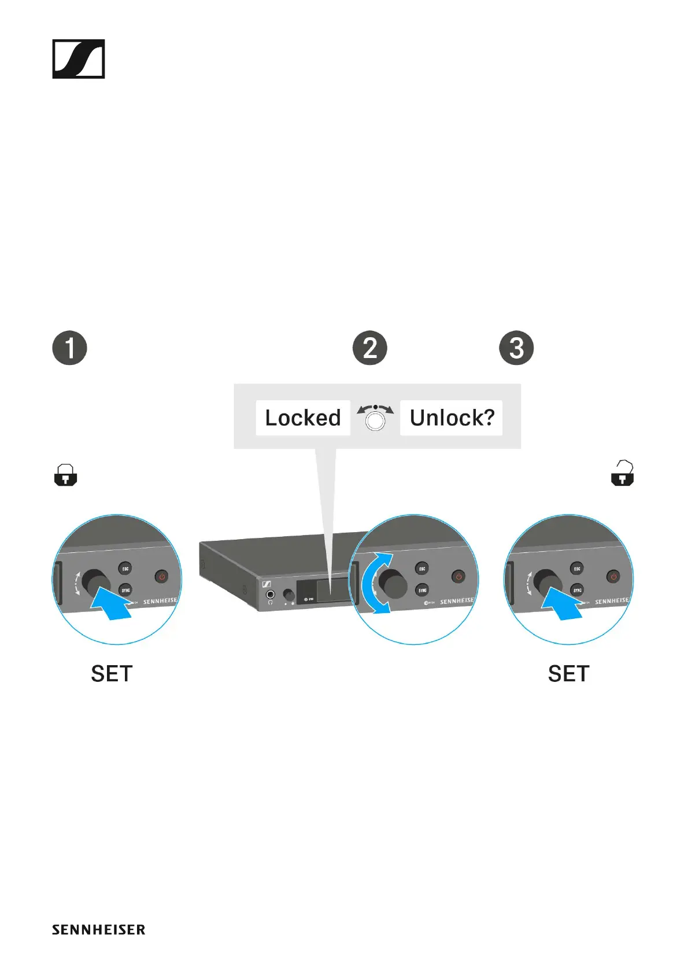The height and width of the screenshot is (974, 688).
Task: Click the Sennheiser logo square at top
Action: (79, 59)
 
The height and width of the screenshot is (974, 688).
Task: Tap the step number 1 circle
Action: (70, 348)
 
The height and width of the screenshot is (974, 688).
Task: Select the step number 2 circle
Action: (370, 348)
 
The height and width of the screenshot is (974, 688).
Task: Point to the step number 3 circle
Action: (516, 348)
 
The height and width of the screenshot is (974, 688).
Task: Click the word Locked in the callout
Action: (303, 418)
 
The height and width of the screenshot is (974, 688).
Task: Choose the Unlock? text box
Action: (452, 418)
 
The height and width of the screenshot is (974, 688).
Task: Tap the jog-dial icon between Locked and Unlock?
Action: (375, 418)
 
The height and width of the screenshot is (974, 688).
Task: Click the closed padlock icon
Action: (65, 475)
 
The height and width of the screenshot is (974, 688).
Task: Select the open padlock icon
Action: (623, 474)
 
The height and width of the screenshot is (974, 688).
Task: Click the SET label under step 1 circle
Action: (112, 674)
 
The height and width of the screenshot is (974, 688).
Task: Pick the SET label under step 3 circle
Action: (568, 674)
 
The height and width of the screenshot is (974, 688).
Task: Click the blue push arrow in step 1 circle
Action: (113, 604)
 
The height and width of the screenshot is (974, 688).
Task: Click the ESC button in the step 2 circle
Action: (422, 569)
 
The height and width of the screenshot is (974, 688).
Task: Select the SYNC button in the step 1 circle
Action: (125, 590)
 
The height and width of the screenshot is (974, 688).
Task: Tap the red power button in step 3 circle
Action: (613, 577)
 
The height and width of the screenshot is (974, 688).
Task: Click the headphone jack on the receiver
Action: (269, 595)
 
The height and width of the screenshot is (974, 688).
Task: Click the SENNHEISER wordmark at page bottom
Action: (99, 929)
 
